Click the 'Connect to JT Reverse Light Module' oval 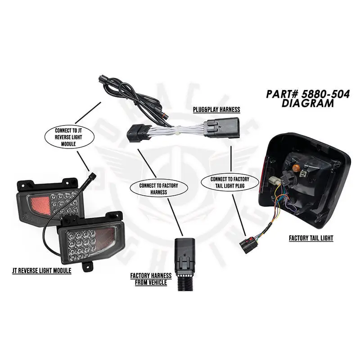pos(69,136)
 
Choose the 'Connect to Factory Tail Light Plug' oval pos(230,182)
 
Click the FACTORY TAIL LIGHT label pos(311,238)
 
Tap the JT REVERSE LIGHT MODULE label pos(41,271)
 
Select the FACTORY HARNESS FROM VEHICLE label pos(151,279)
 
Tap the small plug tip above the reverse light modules pos(93,174)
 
